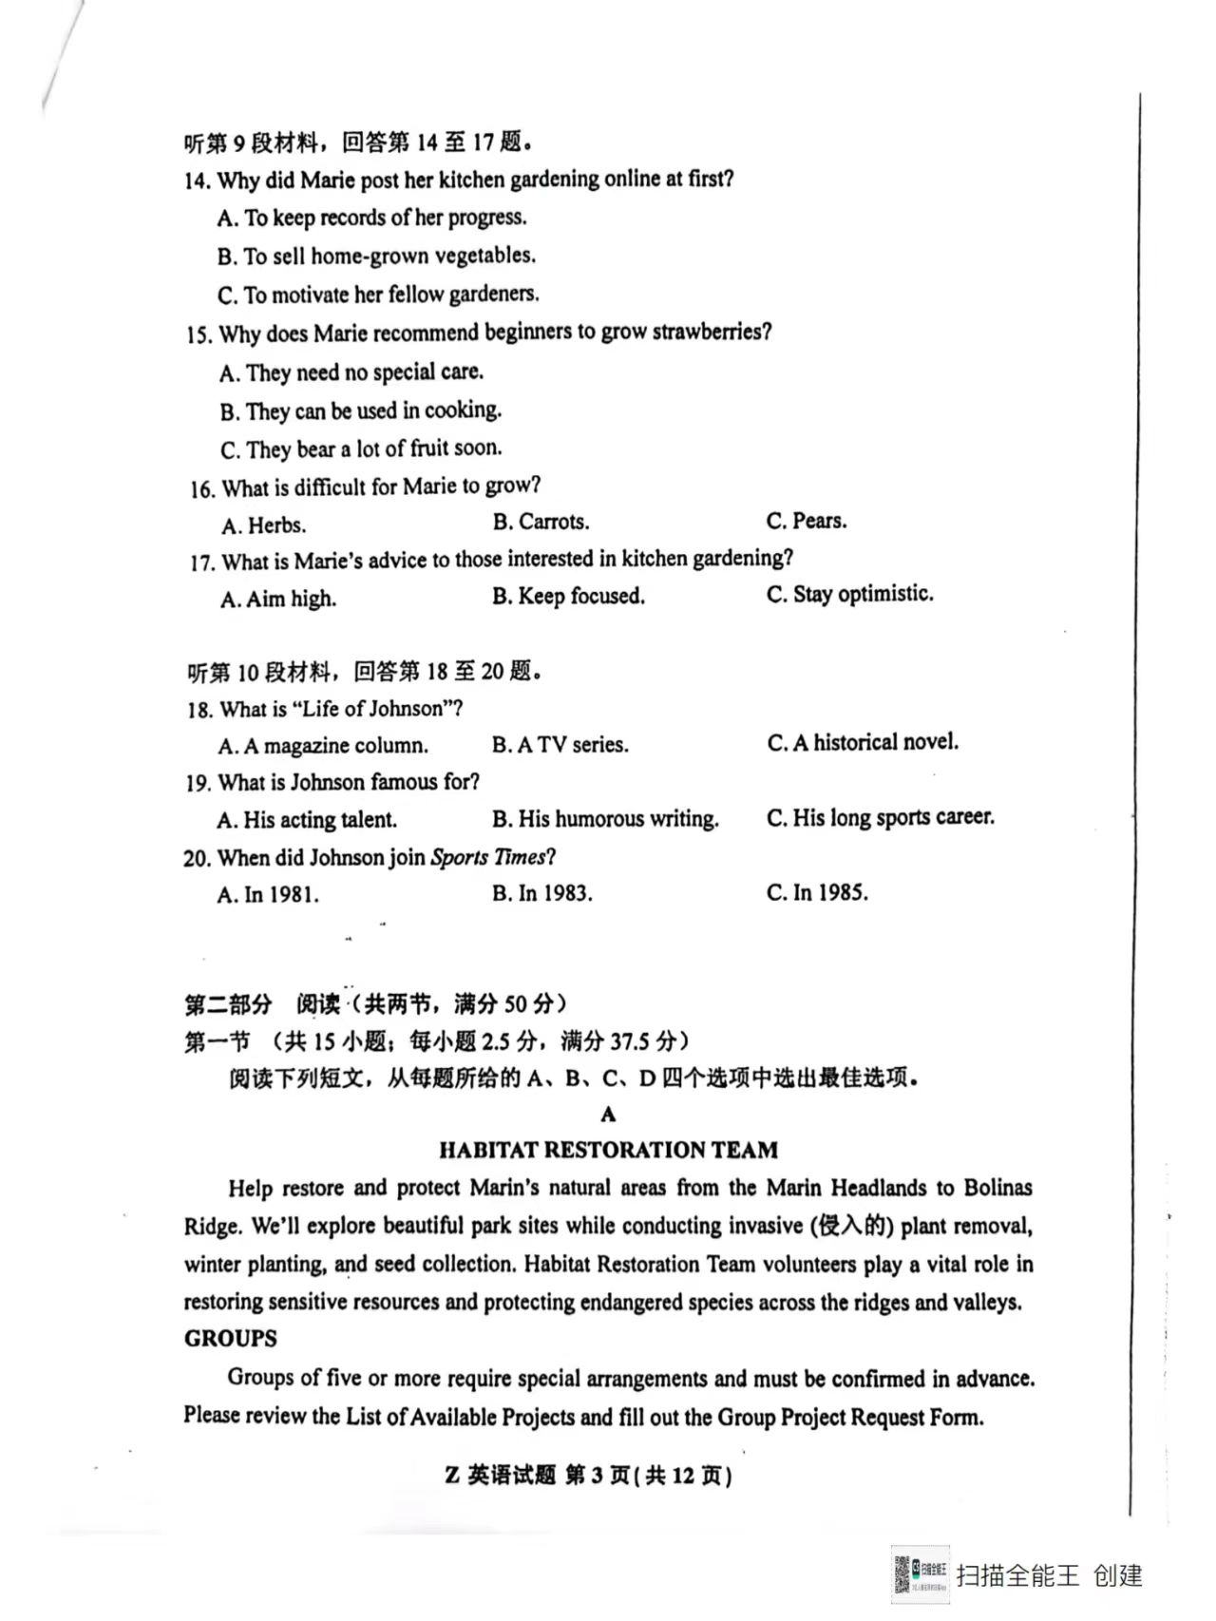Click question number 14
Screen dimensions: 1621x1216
pyautogui.click(x=197, y=181)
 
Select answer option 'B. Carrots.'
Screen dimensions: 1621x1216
pyautogui.click(x=541, y=522)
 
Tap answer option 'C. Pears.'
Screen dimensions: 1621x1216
pyautogui.click(x=807, y=521)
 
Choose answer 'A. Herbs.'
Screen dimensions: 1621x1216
pyautogui.click(x=263, y=525)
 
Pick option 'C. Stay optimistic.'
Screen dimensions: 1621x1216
pyautogui.click(x=849, y=594)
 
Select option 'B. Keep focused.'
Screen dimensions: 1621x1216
pyautogui.click(x=568, y=596)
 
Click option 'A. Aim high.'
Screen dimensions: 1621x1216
pyautogui.click(x=278, y=599)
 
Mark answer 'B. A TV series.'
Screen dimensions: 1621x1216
pyautogui.click(x=560, y=745)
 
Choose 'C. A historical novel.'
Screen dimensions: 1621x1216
pyautogui.click(x=863, y=742)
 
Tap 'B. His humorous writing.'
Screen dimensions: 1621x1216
pyautogui.click(x=605, y=819)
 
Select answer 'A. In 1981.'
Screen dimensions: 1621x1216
pyautogui.click(x=268, y=894)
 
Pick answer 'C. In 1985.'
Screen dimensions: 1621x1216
pyautogui.click(x=817, y=892)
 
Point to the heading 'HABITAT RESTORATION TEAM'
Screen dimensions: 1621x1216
pyautogui.click(x=608, y=1150)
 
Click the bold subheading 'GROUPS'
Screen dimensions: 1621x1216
pyautogui.click(x=231, y=1338)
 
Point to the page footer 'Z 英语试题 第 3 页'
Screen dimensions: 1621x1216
pyautogui.click(x=588, y=1475)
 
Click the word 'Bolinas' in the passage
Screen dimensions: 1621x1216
pyautogui.click(x=997, y=1188)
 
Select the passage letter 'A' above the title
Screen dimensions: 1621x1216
pyautogui.click(x=608, y=1115)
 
